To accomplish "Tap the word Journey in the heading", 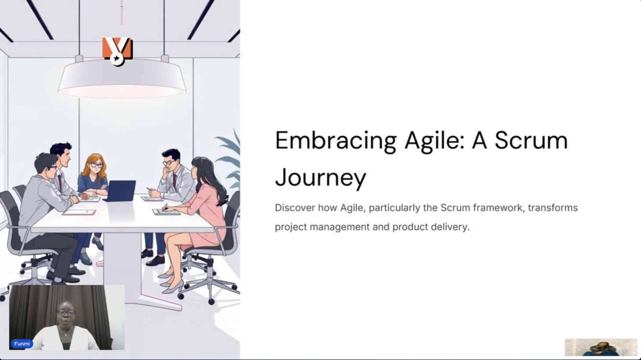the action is [x=320, y=178].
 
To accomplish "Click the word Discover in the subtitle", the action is [x=295, y=207].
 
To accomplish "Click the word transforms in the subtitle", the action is [x=553, y=207].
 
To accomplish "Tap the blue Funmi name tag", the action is [x=22, y=344].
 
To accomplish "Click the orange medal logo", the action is [x=117, y=51].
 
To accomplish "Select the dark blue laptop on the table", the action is [x=121, y=191].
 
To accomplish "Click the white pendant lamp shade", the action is [x=122, y=79].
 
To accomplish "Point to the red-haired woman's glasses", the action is [x=96, y=165].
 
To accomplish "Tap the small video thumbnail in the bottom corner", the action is [x=601, y=347].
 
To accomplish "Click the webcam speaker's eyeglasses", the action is [x=66, y=313].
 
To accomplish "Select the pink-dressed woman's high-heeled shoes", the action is [x=172, y=282].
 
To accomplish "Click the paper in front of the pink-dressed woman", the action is [x=166, y=212].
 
